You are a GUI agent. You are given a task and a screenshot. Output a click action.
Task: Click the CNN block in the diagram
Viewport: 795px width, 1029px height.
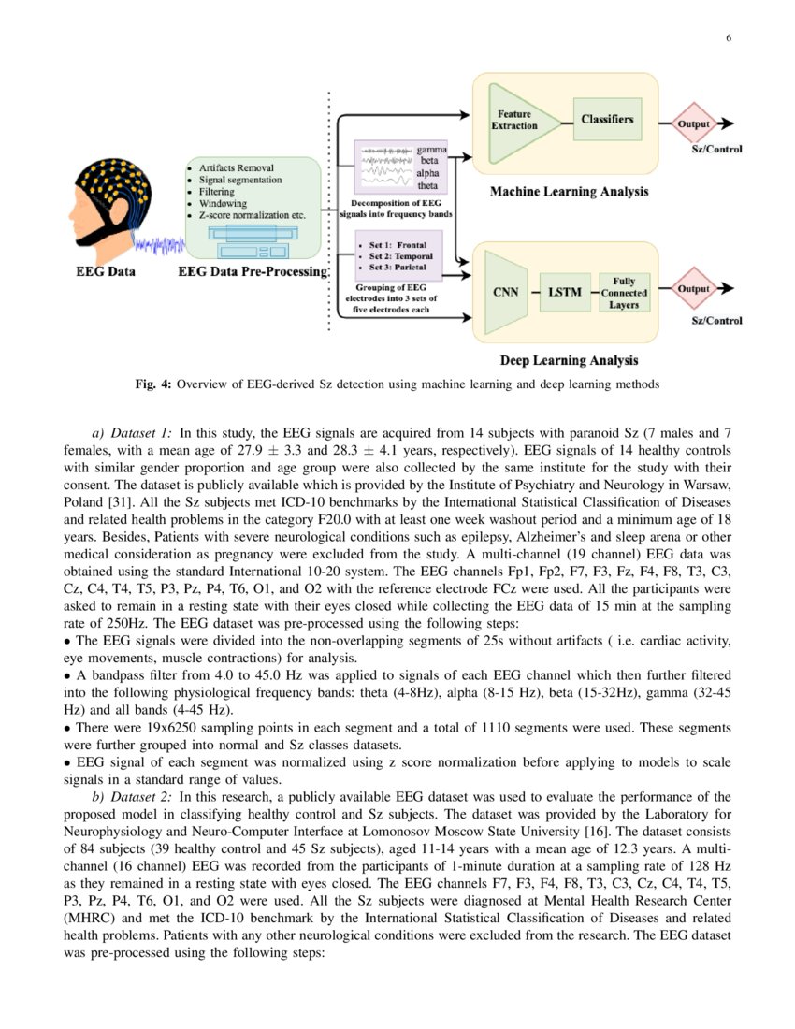coord(505,291)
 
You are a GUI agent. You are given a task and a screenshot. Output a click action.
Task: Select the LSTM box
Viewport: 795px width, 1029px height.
coord(564,292)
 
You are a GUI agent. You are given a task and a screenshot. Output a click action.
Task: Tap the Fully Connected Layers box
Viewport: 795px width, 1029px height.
coord(624,293)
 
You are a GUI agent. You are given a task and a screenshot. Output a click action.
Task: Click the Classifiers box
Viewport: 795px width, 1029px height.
coord(607,119)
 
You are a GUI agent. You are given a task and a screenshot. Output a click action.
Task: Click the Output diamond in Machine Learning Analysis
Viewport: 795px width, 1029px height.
coord(693,123)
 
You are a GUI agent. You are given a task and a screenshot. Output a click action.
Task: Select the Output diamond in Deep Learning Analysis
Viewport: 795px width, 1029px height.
coord(693,289)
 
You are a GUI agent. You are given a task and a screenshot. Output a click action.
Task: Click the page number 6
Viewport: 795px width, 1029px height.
coord(728,38)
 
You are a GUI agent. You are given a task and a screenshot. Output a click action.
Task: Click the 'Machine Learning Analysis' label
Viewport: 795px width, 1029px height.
coord(569,192)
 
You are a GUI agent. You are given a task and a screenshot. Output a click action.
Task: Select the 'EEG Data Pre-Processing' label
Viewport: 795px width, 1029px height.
coord(253,272)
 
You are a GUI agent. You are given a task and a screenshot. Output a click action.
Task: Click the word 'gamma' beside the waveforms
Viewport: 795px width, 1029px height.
coord(432,150)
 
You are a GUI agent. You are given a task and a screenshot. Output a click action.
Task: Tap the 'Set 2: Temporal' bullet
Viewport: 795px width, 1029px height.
coord(398,255)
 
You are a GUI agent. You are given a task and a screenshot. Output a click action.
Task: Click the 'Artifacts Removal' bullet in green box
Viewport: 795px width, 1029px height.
coord(236,167)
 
